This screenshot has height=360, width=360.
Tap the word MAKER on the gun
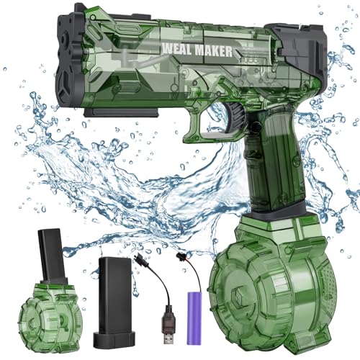coord(213,51)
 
